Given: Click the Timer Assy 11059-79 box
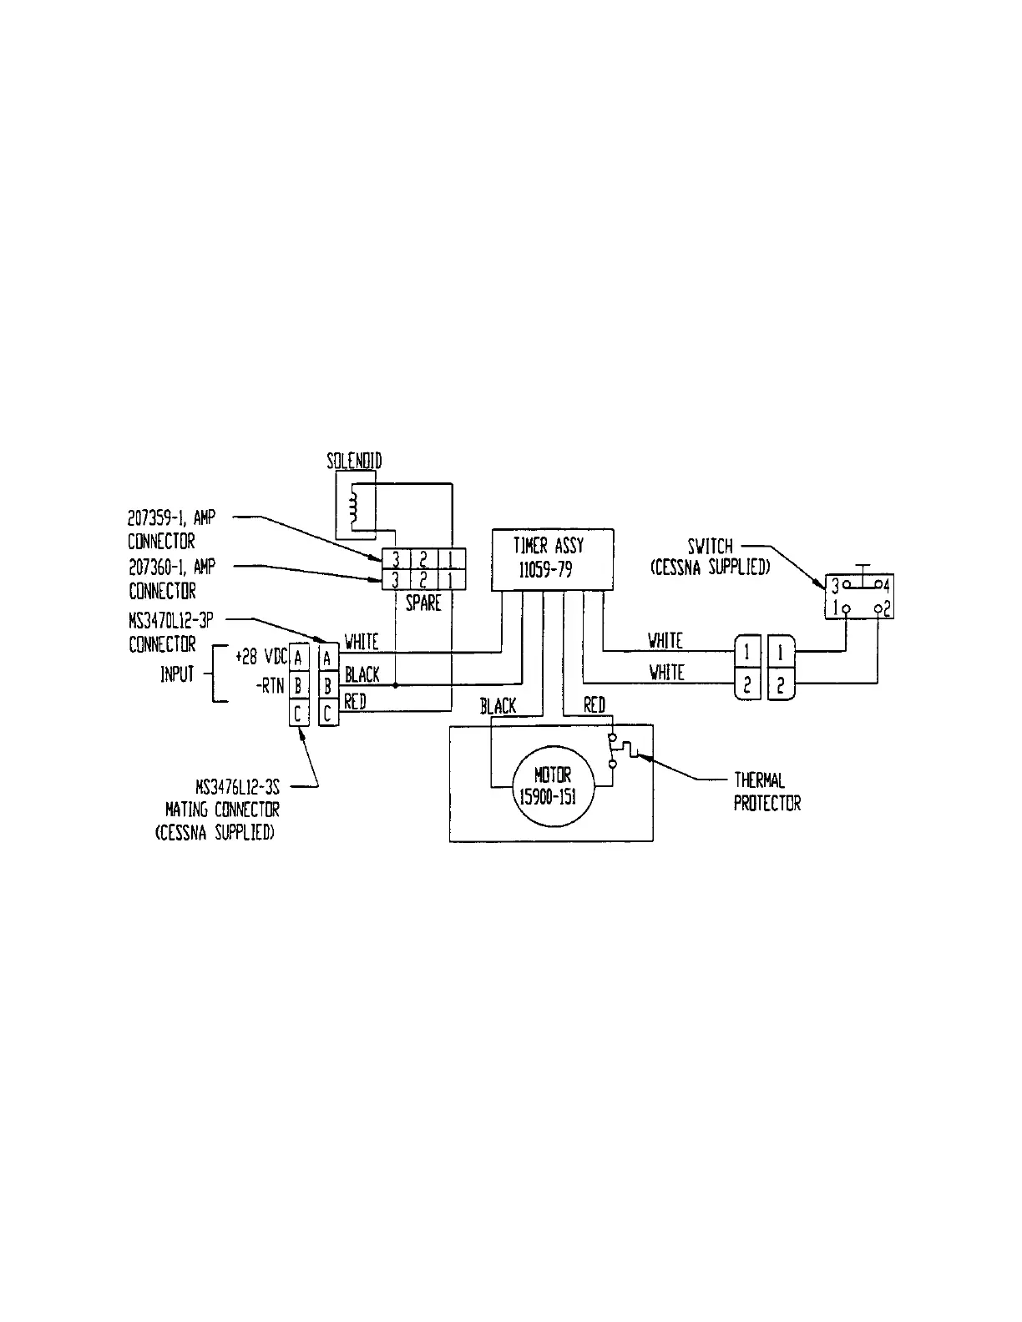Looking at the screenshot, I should coord(552,559).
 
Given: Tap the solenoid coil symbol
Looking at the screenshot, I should coord(353,507).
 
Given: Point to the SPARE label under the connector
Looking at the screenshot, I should coord(422,603).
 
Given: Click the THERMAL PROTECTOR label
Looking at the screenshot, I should coord(766,792).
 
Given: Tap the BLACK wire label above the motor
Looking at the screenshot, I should coord(498,706).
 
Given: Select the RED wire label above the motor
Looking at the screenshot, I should coord(594,706).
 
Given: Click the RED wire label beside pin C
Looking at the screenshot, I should coord(355,703).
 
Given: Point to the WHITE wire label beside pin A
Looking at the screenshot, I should coord(362,642).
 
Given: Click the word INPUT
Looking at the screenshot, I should coord(177,674).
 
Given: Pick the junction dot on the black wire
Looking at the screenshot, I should coord(395,684).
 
